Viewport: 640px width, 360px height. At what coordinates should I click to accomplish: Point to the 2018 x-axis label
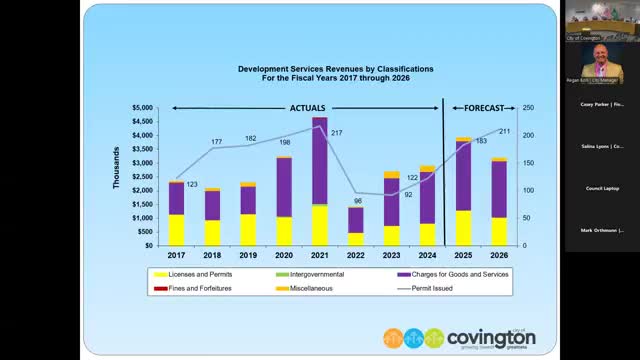212,256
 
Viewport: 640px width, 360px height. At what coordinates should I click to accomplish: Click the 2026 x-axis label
499,256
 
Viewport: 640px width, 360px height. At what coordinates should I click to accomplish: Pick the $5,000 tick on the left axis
142,108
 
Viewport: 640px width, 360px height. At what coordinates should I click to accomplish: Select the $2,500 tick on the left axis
142,177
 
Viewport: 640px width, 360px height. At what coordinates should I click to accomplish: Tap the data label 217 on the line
336,133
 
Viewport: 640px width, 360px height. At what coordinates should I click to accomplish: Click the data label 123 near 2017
192,185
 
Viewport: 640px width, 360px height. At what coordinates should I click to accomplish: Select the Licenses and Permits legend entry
190,274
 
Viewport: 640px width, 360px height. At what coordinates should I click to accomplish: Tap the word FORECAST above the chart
479,107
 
